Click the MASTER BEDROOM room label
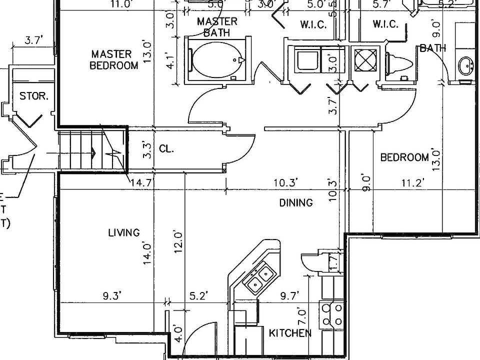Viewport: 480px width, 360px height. click(114, 59)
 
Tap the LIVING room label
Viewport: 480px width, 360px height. click(123, 232)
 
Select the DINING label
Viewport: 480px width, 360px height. click(296, 202)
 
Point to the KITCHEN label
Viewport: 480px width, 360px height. click(290, 333)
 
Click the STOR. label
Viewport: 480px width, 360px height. click(34, 95)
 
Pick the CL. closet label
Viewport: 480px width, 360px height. click(166, 148)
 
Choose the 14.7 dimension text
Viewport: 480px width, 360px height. click(140, 183)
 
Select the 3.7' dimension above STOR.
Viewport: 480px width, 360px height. click(33, 41)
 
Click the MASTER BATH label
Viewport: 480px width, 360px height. click(217, 27)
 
